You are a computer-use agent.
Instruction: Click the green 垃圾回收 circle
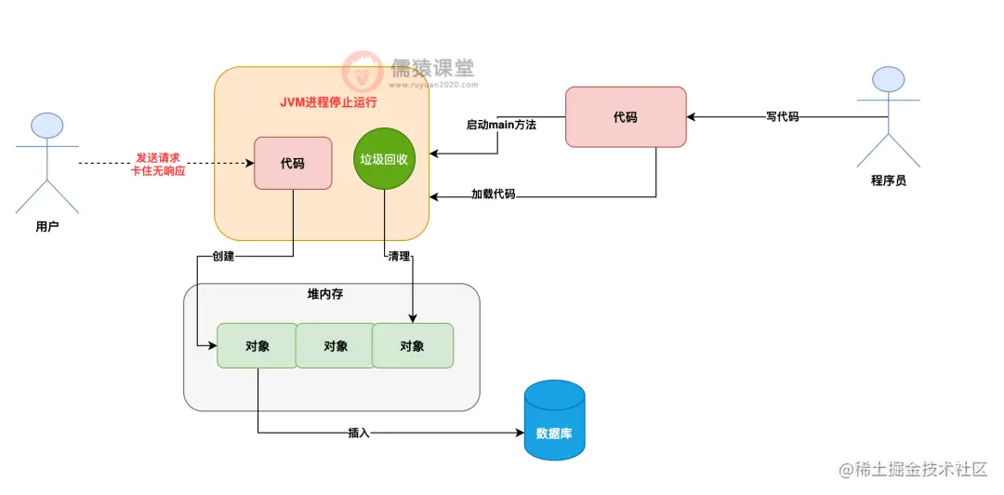coord(384,160)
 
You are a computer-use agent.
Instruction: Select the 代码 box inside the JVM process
coord(293,164)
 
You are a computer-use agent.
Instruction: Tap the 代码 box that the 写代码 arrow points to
coord(626,117)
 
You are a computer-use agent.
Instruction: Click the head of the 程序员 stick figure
coord(888,81)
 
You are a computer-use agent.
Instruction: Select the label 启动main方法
coord(501,125)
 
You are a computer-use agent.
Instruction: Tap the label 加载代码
coord(493,194)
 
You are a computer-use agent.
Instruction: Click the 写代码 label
coord(782,117)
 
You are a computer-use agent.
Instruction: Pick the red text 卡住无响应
coord(158,171)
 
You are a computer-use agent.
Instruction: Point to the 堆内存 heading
coord(326,294)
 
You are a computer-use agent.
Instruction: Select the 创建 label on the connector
coord(223,256)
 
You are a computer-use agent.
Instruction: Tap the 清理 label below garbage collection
coord(399,256)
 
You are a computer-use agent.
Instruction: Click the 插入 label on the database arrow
coord(359,433)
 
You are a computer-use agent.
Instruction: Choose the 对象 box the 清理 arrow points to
coord(413,345)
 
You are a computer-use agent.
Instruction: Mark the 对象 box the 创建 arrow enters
coord(257,345)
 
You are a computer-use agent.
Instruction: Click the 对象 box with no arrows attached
coord(335,345)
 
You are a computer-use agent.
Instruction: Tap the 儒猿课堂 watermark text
coord(431,67)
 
